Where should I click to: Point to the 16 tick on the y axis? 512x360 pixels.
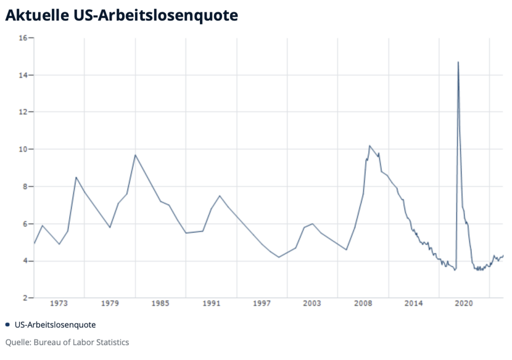(x=23, y=38)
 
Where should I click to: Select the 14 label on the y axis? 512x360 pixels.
(x=23, y=75)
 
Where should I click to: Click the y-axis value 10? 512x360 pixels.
(x=23, y=149)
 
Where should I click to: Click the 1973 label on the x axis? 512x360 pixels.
(x=58, y=303)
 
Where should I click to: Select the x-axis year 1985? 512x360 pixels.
(x=160, y=303)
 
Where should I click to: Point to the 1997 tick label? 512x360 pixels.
(x=261, y=303)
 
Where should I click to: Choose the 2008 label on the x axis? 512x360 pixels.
(x=362, y=303)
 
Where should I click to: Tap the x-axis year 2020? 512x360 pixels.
(x=464, y=303)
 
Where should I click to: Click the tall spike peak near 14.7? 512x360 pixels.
(x=458, y=62)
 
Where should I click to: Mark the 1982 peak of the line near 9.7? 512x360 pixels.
(x=135, y=155)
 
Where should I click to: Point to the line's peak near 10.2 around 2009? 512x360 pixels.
(x=369, y=145)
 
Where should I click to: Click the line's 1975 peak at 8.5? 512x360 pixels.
(x=76, y=177)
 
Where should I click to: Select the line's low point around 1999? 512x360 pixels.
(x=278, y=257)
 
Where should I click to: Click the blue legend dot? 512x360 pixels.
(x=7, y=324)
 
